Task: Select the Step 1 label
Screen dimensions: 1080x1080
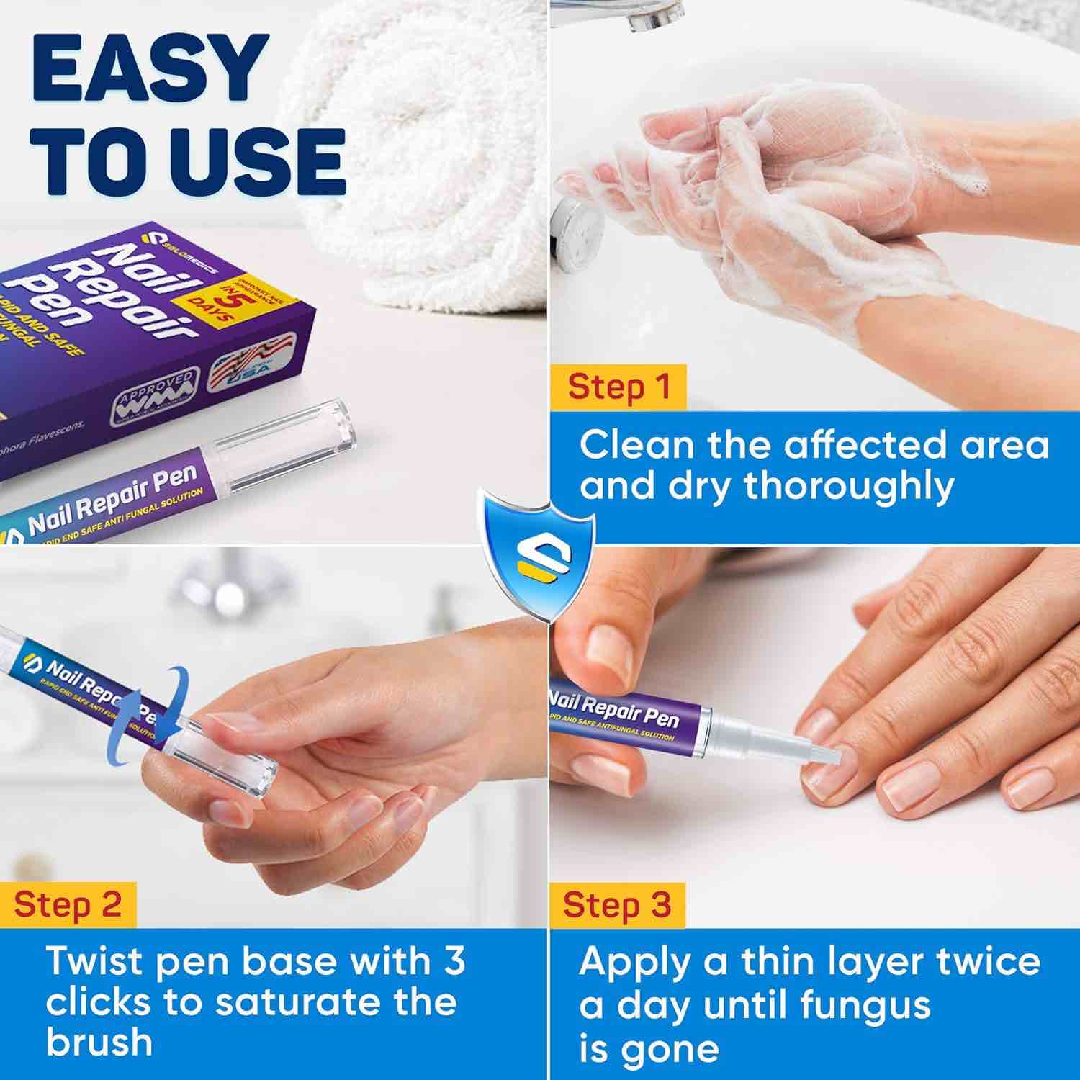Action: click(618, 387)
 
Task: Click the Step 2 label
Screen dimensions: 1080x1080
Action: click(68, 904)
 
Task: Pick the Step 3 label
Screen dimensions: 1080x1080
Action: click(616, 904)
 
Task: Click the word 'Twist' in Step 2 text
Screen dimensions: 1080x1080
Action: click(94, 962)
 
